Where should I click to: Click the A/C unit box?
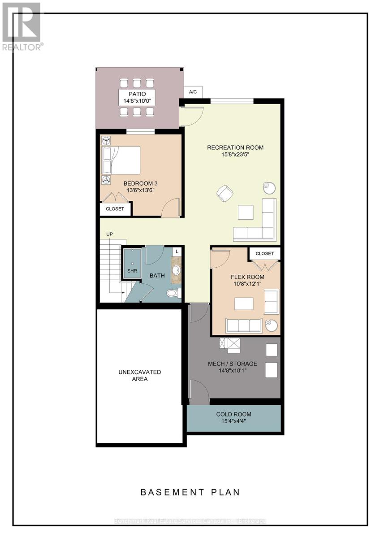click(193, 92)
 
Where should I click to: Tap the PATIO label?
click(137, 94)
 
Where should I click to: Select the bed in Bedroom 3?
click(121, 160)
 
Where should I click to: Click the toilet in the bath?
click(173, 293)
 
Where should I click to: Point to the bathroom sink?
click(176, 271)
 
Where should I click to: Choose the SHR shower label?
click(132, 271)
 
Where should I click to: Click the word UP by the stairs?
click(109, 234)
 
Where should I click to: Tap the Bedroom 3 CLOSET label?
click(115, 209)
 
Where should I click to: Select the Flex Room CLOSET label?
click(264, 254)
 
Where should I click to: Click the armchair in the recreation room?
click(225, 193)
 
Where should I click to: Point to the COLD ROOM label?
click(233, 414)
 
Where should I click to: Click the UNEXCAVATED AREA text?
click(140, 376)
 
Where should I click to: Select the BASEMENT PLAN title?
click(190, 492)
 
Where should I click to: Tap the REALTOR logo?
click(22, 26)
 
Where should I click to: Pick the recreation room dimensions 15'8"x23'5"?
click(235, 155)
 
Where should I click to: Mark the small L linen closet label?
click(177, 252)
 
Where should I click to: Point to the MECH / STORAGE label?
click(232, 364)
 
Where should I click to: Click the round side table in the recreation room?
click(269, 187)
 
